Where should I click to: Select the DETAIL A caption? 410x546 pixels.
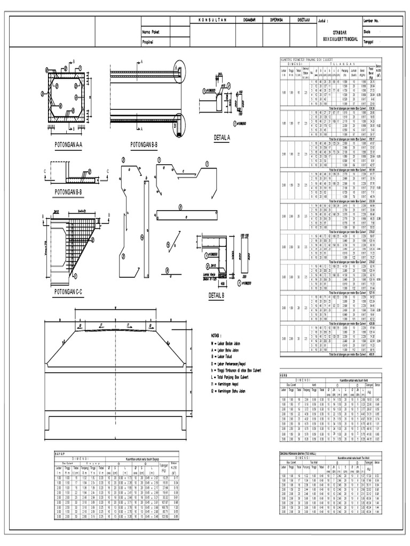coord(222,138)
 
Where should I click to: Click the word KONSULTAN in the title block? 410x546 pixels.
coord(212,20)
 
